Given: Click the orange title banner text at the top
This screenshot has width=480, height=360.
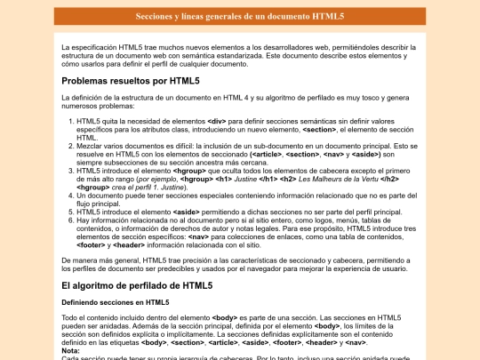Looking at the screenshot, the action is pos(239,17).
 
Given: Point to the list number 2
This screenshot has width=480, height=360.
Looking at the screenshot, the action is pos(71,147).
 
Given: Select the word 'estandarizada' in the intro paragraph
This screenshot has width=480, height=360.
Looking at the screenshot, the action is pos(269,55).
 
